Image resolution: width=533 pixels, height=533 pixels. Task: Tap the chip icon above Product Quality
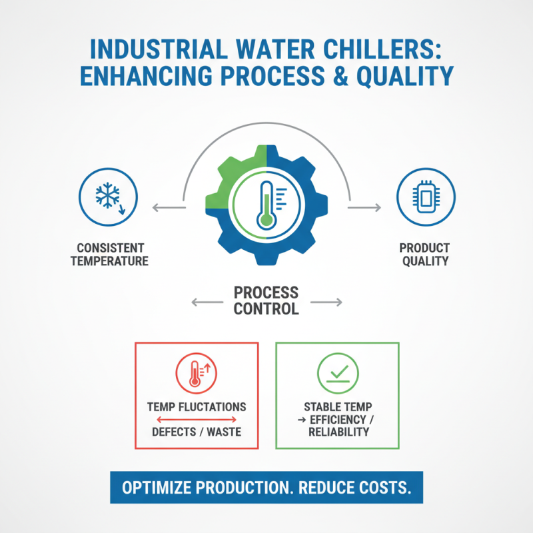[425, 196]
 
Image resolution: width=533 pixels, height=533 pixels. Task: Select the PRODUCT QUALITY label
[424, 254]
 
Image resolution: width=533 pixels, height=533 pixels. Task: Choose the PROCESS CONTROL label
[266, 301]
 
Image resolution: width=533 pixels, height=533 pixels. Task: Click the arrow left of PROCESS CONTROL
[206, 302]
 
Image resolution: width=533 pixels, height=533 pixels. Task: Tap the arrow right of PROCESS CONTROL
[327, 302]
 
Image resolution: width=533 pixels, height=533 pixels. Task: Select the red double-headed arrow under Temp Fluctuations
[196, 419]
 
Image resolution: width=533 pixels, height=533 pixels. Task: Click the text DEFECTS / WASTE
[197, 432]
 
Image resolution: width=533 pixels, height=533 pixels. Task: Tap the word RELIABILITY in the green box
[338, 432]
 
